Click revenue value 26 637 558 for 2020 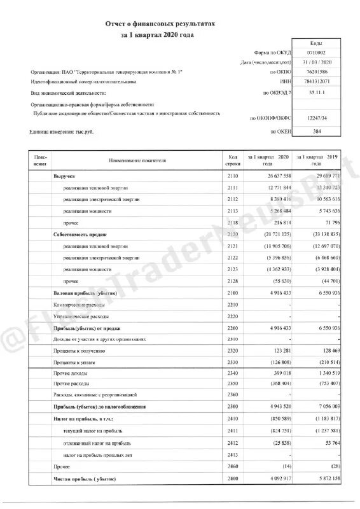pyautogui.click(x=273, y=174)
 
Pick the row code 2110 pyautogui.click(x=233, y=174)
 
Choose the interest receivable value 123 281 pyautogui.click(x=279, y=350)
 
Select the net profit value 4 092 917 pyautogui.click(x=275, y=478)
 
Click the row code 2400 pyautogui.click(x=233, y=478)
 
